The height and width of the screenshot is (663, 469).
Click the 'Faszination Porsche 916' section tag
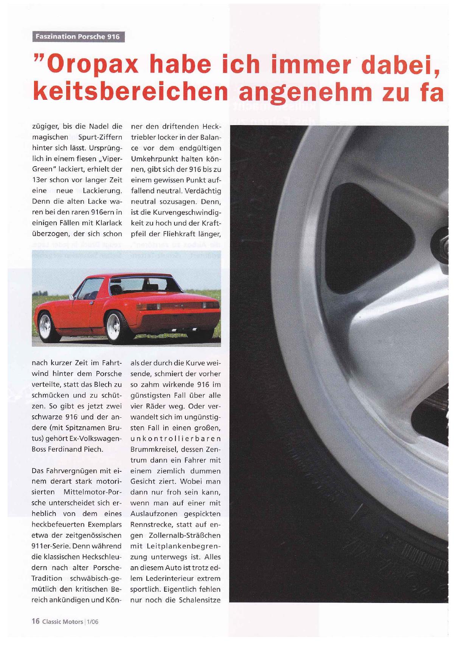point(78,37)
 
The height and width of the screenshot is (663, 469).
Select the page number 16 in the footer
point(36,621)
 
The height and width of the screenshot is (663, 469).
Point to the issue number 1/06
point(93,622)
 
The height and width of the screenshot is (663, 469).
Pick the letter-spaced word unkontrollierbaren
point(175,439)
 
